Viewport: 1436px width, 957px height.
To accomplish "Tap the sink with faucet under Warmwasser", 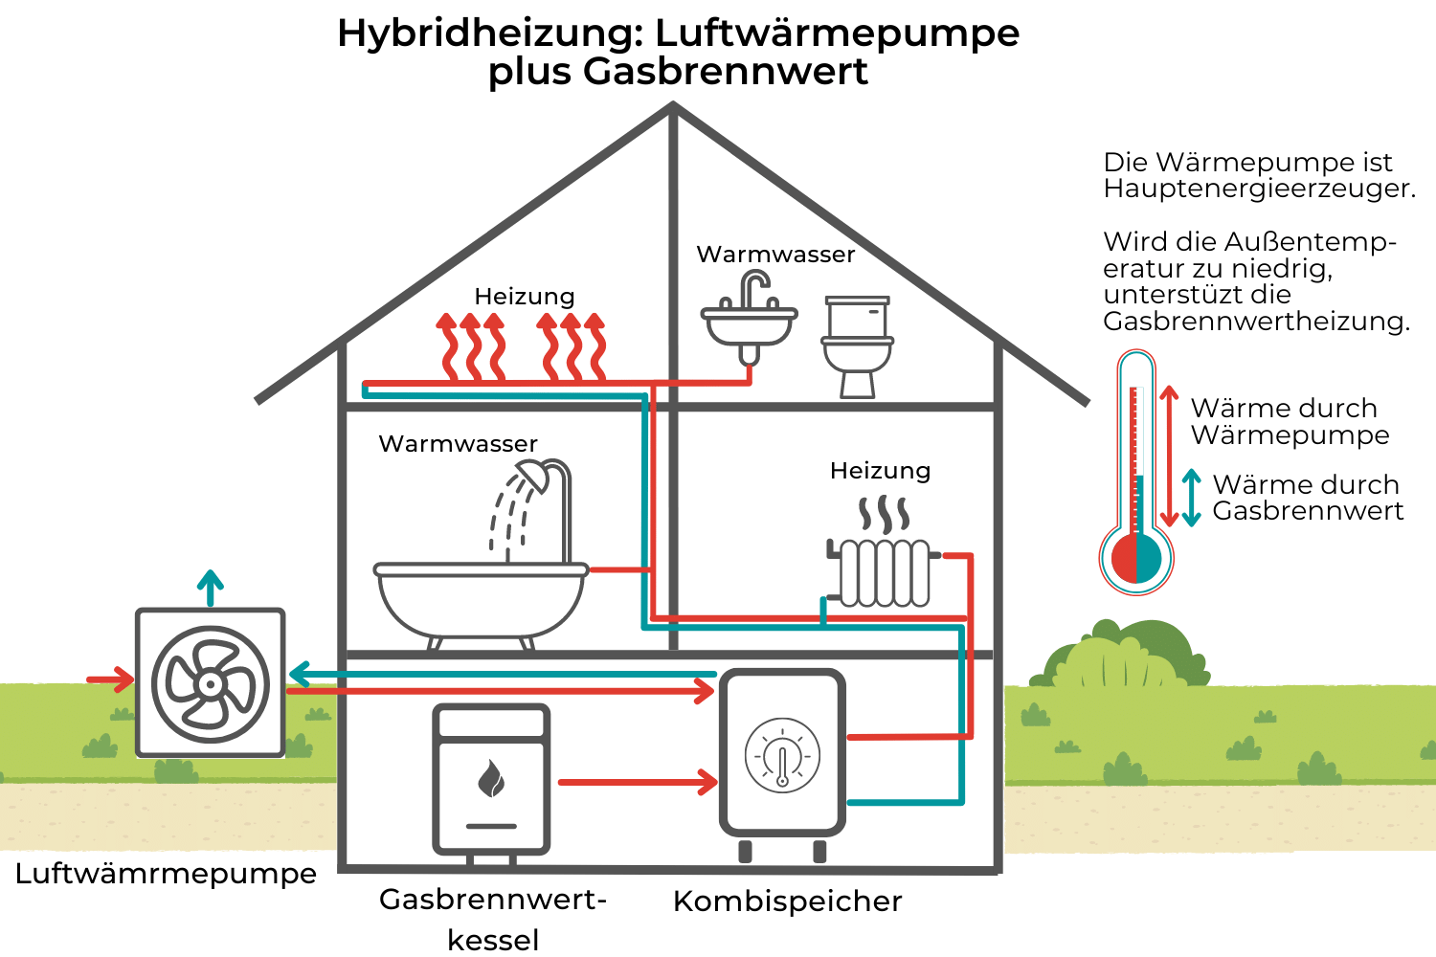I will click(750, 321).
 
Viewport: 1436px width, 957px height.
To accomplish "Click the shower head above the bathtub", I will click(533, 477).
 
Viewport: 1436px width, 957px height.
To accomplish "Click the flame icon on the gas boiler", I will click(491, 779).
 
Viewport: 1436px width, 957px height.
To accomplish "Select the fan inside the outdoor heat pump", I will click(210, 684).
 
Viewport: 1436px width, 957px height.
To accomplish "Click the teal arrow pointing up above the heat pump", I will click(210, 587).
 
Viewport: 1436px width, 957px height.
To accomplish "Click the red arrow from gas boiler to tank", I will click(638, 782).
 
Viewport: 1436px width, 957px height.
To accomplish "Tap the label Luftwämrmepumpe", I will click(166, 874).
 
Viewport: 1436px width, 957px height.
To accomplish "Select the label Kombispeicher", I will click(787, 901).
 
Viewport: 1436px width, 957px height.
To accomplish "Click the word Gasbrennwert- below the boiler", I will click(493, 900).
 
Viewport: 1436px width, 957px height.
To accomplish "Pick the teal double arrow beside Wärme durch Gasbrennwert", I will click(1191, 498).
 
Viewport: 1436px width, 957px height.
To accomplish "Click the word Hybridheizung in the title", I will click(489, 33).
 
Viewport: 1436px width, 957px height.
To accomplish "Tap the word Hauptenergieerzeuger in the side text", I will click(1258, 189).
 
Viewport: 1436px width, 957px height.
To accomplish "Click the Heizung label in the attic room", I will click(524, 297).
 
